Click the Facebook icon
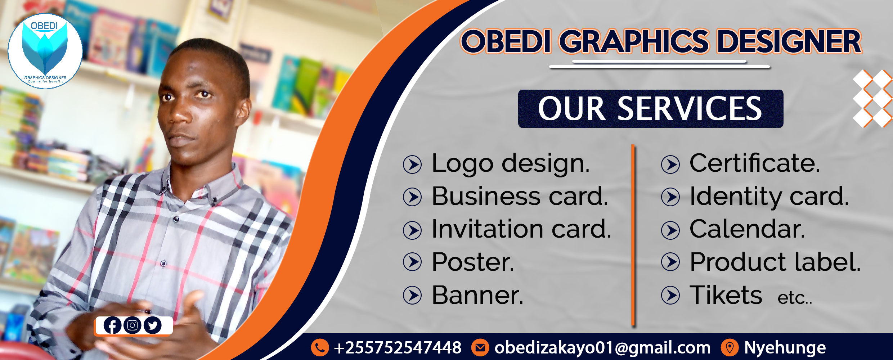click(x=112, y=325)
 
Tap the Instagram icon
click(x=133, y=325)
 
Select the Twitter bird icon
click(x=153, y=325)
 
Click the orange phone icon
click(x=320, y=347)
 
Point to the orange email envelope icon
click(x=480, y=347)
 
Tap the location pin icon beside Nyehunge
click(x=730, y=347)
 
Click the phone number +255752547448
click(x=398, y=348)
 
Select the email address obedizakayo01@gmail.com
click(x=602, y=348)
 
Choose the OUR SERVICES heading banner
click(x=651, y=109)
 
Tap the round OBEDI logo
click(x=45, y=51)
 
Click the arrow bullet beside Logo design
click(x=412, y=165)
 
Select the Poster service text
click(x=473, y=262)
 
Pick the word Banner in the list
click(x=477, y=295)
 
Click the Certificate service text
click(x=755, y=163)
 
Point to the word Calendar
click(x=747, y=229)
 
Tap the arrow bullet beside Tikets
click(x=670, y=295)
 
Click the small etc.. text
click(x=795, y=298)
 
